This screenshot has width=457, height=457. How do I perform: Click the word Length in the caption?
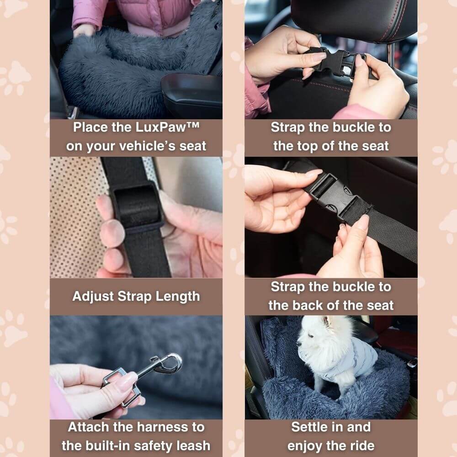point(177,297)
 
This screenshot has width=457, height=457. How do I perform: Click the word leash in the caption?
point(193,446)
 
